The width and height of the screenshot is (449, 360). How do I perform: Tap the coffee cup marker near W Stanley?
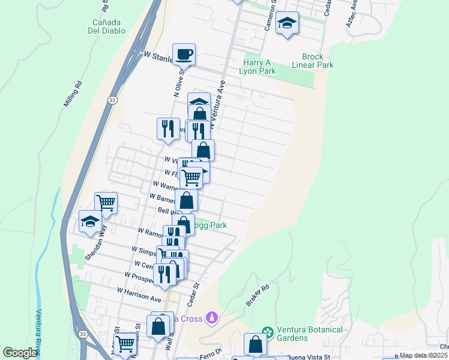tap(184, 54)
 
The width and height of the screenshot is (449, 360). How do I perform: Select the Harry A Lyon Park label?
tap(259, 67)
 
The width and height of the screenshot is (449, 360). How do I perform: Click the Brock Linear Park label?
tap(313, 61)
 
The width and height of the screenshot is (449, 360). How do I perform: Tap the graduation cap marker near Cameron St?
tap(288, 23)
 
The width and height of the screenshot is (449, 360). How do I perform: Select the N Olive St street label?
tap(178, 83)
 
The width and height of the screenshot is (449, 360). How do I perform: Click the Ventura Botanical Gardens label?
tap(310, 334)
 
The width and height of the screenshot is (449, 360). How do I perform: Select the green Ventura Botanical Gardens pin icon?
tap(268, 331)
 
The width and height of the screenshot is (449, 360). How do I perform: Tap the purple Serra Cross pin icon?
tap(211, 316)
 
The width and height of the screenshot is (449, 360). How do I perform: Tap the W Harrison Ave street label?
tap(139, 294)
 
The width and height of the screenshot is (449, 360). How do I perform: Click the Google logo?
tap(20, 353)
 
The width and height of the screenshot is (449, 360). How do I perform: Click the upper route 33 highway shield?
tap(112, 101)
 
